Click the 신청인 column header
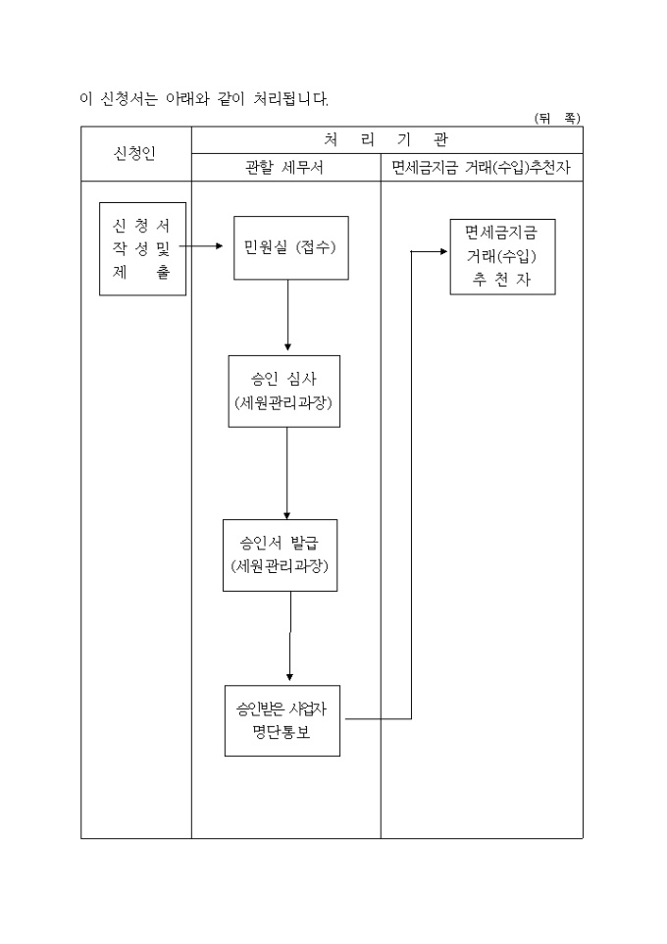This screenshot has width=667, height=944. coord(135,154)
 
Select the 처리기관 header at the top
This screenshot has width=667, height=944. coord(385,139)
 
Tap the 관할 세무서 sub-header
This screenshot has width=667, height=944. coord(284,168)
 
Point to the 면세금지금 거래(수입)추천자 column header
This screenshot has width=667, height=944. coord(481,168)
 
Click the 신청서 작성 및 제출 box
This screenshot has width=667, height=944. coord(142,249)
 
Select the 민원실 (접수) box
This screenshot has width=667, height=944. coord(290,247)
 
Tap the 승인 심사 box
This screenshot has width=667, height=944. coord(285,391)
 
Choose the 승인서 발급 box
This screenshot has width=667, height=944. coord(281,554)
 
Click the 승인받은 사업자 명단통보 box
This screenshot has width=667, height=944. coord(282,720)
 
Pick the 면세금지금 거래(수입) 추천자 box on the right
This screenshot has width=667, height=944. coord(502,256)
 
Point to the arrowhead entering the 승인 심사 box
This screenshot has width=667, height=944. coord(287,348)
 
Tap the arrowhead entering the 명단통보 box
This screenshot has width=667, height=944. coord(289,678)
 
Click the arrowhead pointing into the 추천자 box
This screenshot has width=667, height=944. coord(442,252)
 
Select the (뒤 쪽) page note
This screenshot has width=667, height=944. coord(557,118)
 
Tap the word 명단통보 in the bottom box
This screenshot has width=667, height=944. coord(282,732)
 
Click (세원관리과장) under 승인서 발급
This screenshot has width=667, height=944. coord(281,567)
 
